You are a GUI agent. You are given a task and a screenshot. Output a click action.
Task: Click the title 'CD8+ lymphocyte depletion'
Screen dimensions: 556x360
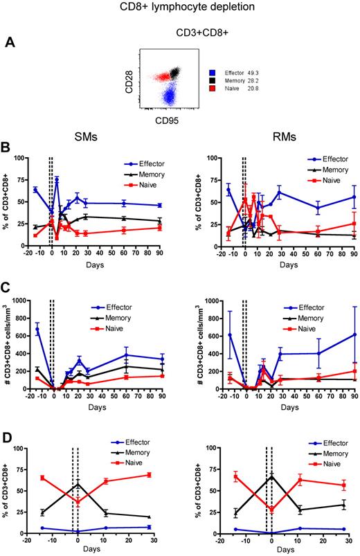point(180,8)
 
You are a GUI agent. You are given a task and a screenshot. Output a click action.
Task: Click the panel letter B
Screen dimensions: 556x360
point(8,149)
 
